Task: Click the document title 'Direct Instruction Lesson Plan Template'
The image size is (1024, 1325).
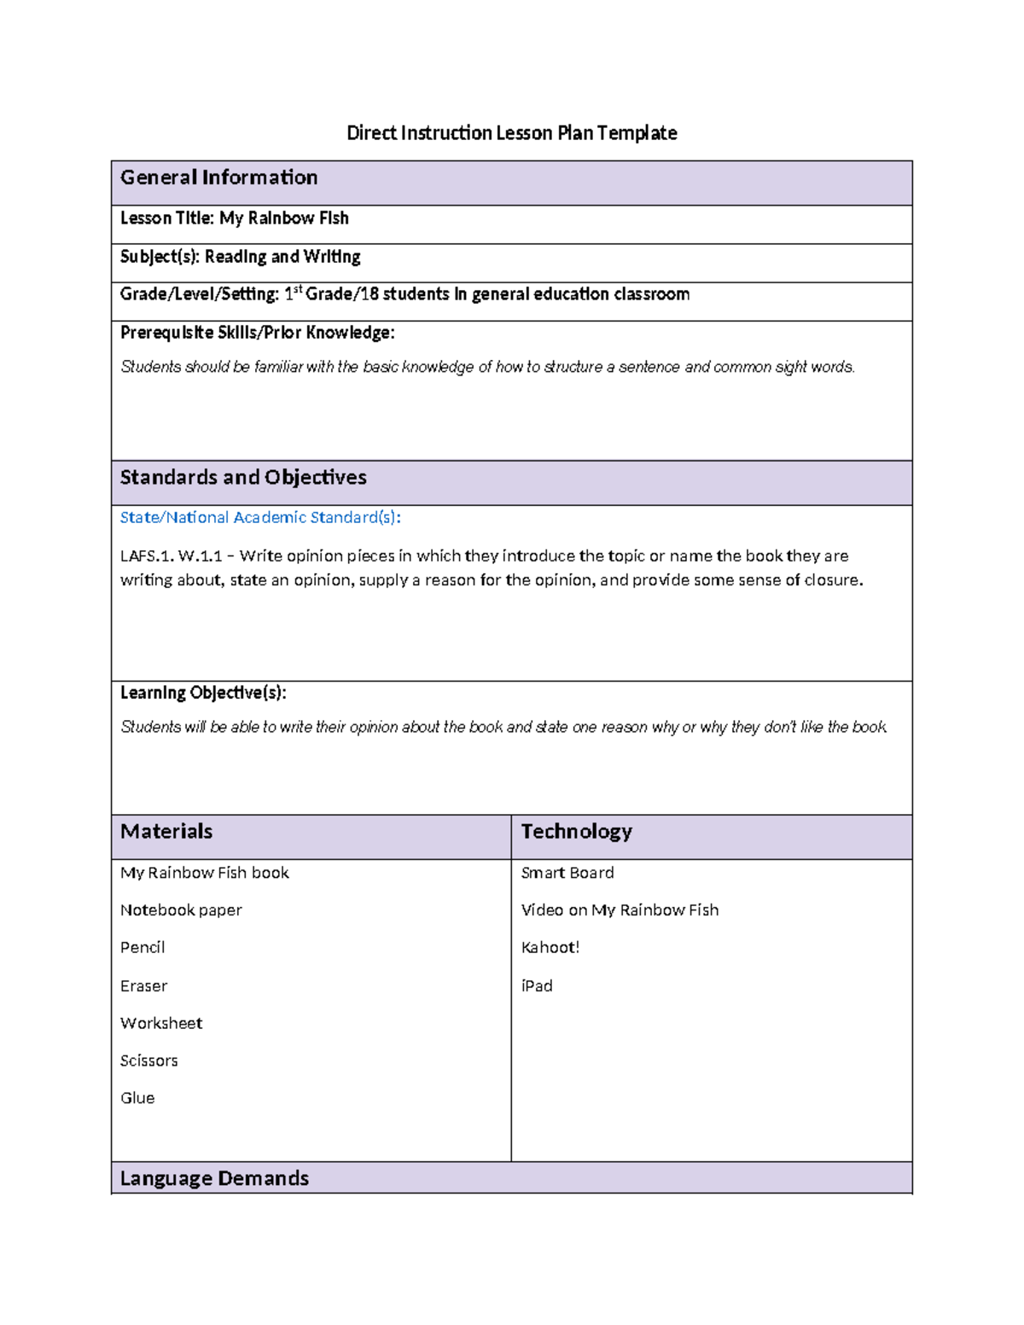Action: click(511, 133)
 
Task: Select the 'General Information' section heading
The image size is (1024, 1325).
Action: click(218, 177)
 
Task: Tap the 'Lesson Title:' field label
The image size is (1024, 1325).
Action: click(167, 218)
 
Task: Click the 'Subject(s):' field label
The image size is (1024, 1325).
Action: click(160, 257)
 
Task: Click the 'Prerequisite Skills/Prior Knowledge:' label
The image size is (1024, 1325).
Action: click(257, 333)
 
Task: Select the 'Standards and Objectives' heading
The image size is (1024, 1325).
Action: click(243, 478)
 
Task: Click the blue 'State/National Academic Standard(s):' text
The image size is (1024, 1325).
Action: click(260, 518)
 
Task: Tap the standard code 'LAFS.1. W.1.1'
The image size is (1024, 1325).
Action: click(171, 556)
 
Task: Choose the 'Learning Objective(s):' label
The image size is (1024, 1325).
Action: click(203, 693)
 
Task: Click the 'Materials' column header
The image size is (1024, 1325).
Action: click(166, 832)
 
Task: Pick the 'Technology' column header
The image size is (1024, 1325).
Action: click(576, 832)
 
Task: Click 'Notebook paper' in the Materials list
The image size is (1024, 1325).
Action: click(181, 910)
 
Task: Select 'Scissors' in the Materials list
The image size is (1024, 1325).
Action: click(149, 1061)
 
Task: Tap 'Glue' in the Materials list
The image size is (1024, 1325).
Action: click(137, 1098)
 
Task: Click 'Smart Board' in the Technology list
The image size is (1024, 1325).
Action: click(567, 873)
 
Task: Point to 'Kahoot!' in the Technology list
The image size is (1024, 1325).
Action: click(550, 948)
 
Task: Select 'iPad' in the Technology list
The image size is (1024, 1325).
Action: click(537, 986)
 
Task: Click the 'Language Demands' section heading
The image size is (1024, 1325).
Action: click(214, 1178)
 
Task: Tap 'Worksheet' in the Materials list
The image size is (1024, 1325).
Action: click(161, 1023)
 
